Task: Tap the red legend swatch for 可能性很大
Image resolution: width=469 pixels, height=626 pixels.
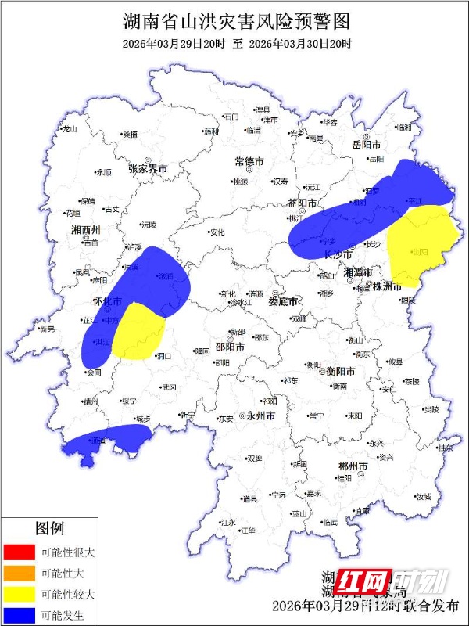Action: point(20,552)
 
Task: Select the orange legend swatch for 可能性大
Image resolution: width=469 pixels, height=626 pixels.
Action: point(20,573)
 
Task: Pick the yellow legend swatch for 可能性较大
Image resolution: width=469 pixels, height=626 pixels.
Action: point(20,594)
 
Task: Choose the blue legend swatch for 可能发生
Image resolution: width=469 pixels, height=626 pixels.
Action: point(20,615)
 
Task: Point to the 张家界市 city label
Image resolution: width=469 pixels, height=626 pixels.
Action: point(149,168)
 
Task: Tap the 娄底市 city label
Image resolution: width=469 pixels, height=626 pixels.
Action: point(283,301)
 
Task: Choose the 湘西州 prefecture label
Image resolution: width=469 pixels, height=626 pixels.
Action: point(85,230)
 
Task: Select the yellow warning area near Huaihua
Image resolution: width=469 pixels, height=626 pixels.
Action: point(138,333)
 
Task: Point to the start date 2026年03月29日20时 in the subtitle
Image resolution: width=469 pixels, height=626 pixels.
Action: point(174,44)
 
